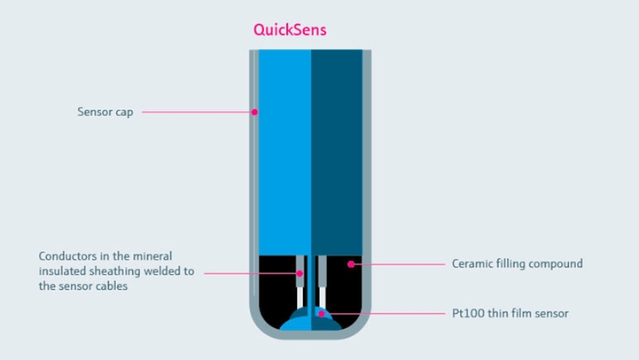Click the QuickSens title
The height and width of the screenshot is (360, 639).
pos(290,30)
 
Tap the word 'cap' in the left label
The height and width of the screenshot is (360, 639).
pos(125,113)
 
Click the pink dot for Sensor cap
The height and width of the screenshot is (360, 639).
pos(254,113)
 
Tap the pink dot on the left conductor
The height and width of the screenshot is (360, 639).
pos(301,272)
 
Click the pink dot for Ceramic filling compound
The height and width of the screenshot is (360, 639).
pos(351,263)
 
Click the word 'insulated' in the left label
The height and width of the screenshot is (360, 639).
pos(61,271)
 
